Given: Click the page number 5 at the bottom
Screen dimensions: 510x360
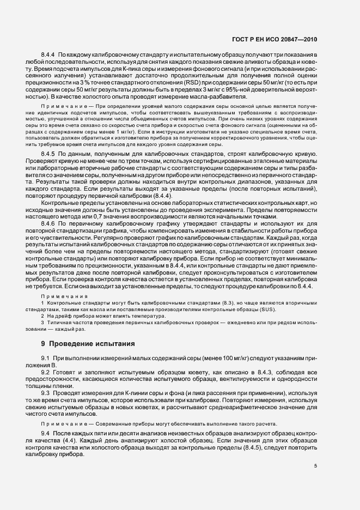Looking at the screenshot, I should (x=315, y=465).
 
